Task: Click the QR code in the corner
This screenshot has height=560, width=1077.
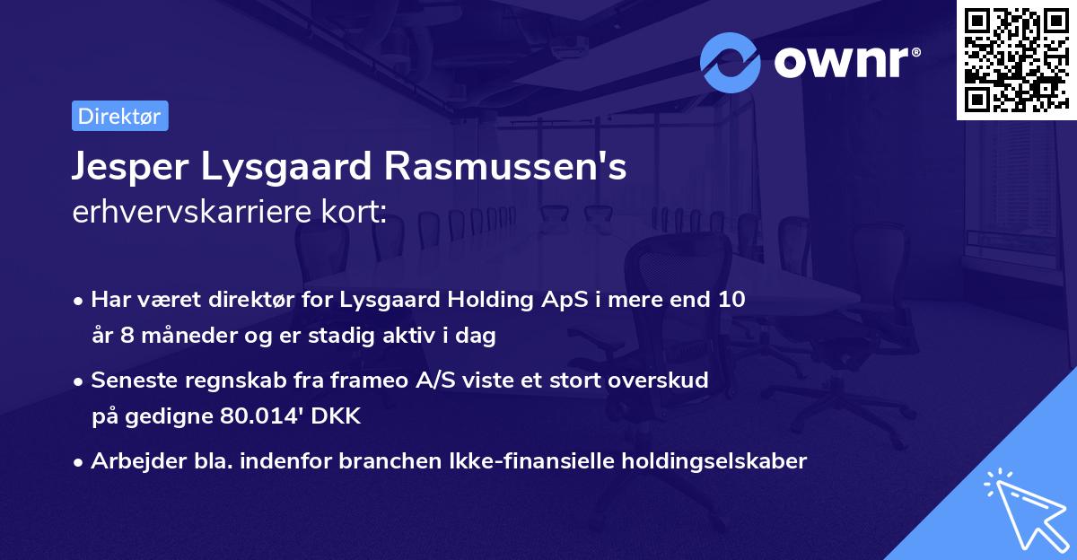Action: (x=1016, y=59)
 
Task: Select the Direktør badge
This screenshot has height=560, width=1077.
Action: (x=119, y=116)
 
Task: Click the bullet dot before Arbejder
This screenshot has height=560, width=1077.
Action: (x=79, y=462)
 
